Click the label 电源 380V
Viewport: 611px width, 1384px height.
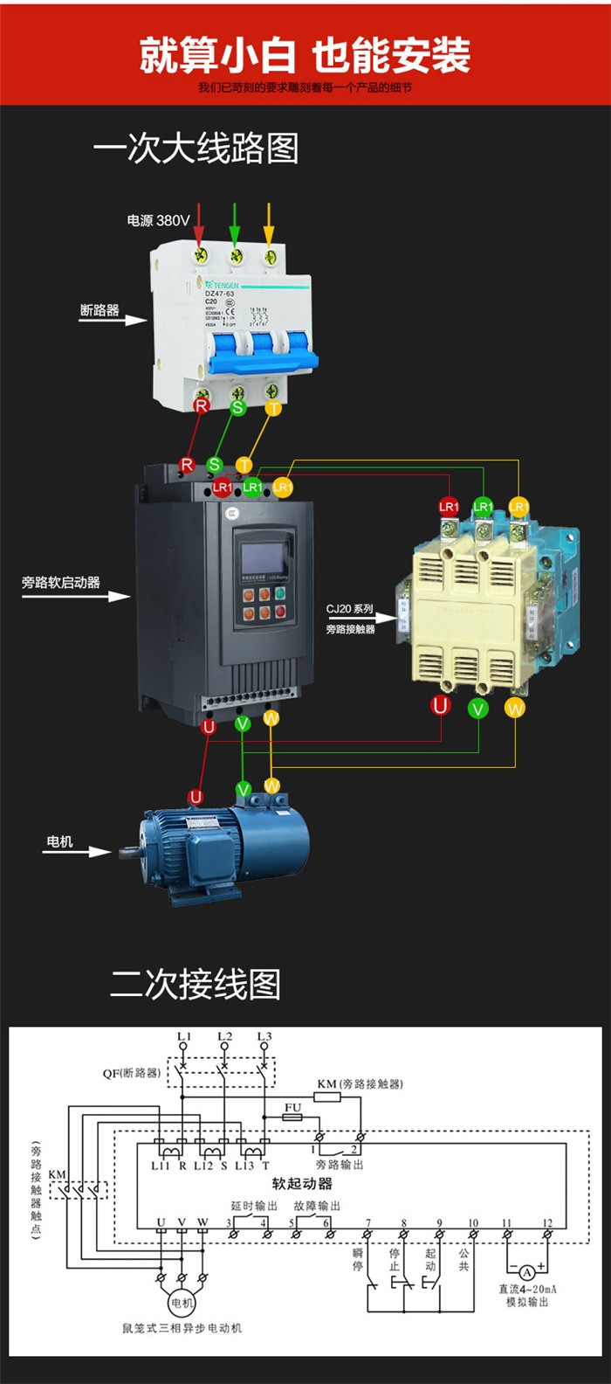tap(158, 220)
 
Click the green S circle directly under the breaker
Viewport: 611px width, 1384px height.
tap(237, 407)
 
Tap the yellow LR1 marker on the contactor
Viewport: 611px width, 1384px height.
tap(518, 506)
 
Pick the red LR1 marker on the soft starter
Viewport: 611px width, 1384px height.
tap(223, 487)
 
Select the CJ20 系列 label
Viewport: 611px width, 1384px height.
tap(350, 609)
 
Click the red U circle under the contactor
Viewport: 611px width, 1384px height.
tap(441, 706)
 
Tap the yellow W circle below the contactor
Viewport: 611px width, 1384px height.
tap(515, 708)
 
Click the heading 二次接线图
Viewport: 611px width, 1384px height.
tap(196, 984)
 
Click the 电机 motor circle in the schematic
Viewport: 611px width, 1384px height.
tap(182, 1303)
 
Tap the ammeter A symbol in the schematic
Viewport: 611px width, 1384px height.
tap(527, 1273)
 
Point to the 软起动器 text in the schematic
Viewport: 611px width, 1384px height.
tap(302, 1183)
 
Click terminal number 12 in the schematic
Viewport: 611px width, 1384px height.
tap(547, 1223)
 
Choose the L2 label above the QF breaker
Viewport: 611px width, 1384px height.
tap(225, 1037)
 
